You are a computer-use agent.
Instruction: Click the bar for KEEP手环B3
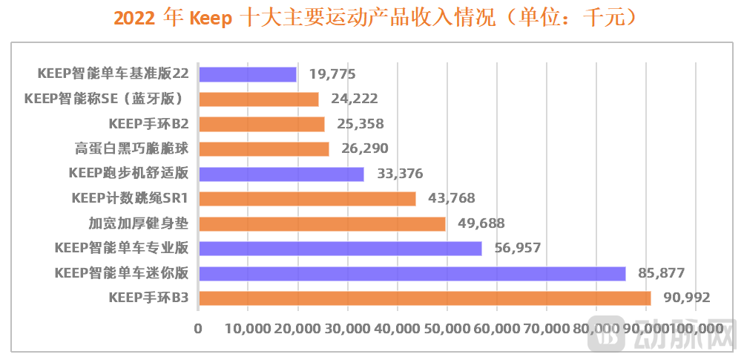[424, 298]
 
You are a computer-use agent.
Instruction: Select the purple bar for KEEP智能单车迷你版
[412, 273]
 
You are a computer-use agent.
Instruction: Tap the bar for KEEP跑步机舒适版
[281, 174]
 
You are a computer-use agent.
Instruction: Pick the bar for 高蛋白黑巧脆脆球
[263, 149]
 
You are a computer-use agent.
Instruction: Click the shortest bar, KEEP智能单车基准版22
[247, 74]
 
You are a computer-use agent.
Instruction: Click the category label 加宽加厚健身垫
[138, 223]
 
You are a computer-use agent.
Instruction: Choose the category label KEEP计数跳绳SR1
[130, 199]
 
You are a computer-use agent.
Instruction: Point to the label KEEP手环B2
[148, 124]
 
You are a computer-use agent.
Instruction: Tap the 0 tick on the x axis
[198, 328]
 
